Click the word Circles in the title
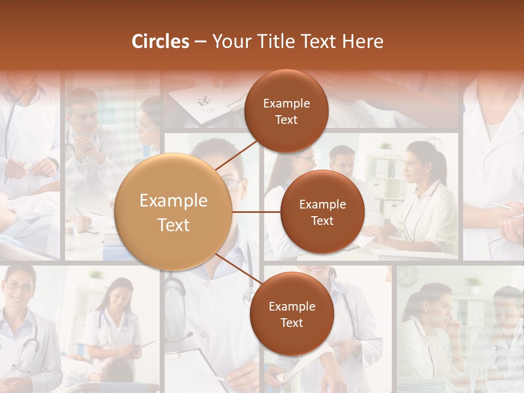tap(160, 41)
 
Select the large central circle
tap(174, 212)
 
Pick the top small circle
tap(286, 111)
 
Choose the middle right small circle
tap(322, 212)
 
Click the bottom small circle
tap(291, 314)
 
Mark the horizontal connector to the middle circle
tap(257, 212)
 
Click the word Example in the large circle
tap(174, 201)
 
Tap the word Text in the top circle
tap(286, 120)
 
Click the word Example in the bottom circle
tap(291, 306)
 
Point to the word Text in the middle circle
tap(322, 221)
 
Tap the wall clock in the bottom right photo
tap(407, 276)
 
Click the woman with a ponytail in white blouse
tap(423, 196)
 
